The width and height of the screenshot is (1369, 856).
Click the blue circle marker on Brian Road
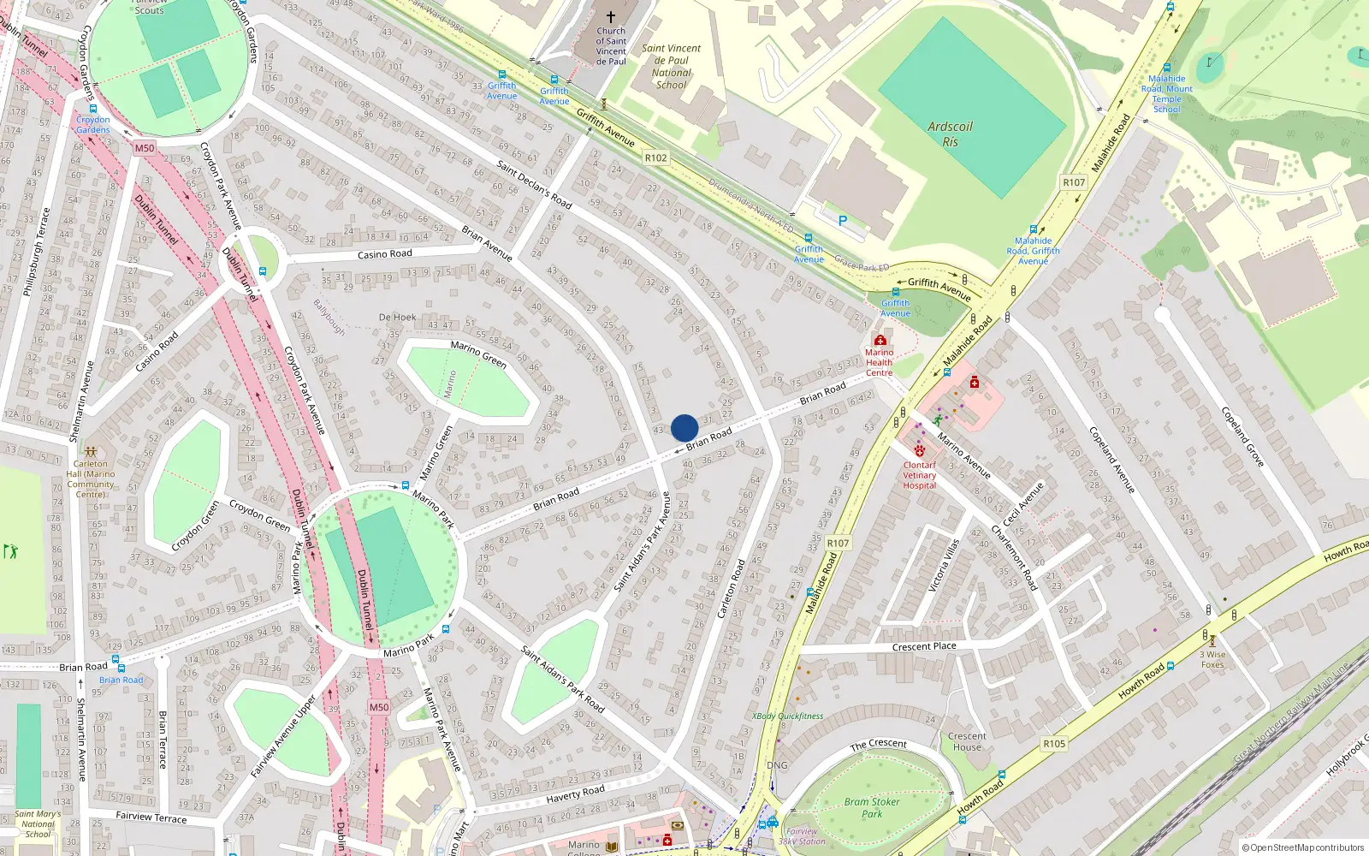coord(684,428)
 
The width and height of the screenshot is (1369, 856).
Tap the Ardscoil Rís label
coord(950,134)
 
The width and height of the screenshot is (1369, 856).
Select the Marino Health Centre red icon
coord(880,340)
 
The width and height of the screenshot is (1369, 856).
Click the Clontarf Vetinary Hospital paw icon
coord(920,451)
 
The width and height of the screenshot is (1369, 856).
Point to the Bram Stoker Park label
coord(872,807)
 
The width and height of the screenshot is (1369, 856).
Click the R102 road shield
coord(655,158)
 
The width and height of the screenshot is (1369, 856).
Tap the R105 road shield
coord(1054,744)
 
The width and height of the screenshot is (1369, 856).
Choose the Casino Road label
coord(384,254)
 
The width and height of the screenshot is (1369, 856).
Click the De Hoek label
coord(397,318)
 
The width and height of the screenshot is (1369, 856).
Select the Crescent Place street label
coord(924,646)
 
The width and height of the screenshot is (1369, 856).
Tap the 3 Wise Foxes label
coord(1212,659)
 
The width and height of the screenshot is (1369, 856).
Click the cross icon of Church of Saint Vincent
coord(611,17)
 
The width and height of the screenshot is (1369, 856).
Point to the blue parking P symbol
coord(843,221)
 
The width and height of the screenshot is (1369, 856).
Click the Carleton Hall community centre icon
coord(91,451)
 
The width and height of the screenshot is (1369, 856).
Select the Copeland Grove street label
coord(1242,437)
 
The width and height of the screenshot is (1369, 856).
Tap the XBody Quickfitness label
coord(787,716)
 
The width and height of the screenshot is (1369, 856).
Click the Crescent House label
coord(967,741)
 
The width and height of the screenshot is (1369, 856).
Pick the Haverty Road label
coord(575,794)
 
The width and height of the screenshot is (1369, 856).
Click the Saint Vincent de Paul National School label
coord(671,67)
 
